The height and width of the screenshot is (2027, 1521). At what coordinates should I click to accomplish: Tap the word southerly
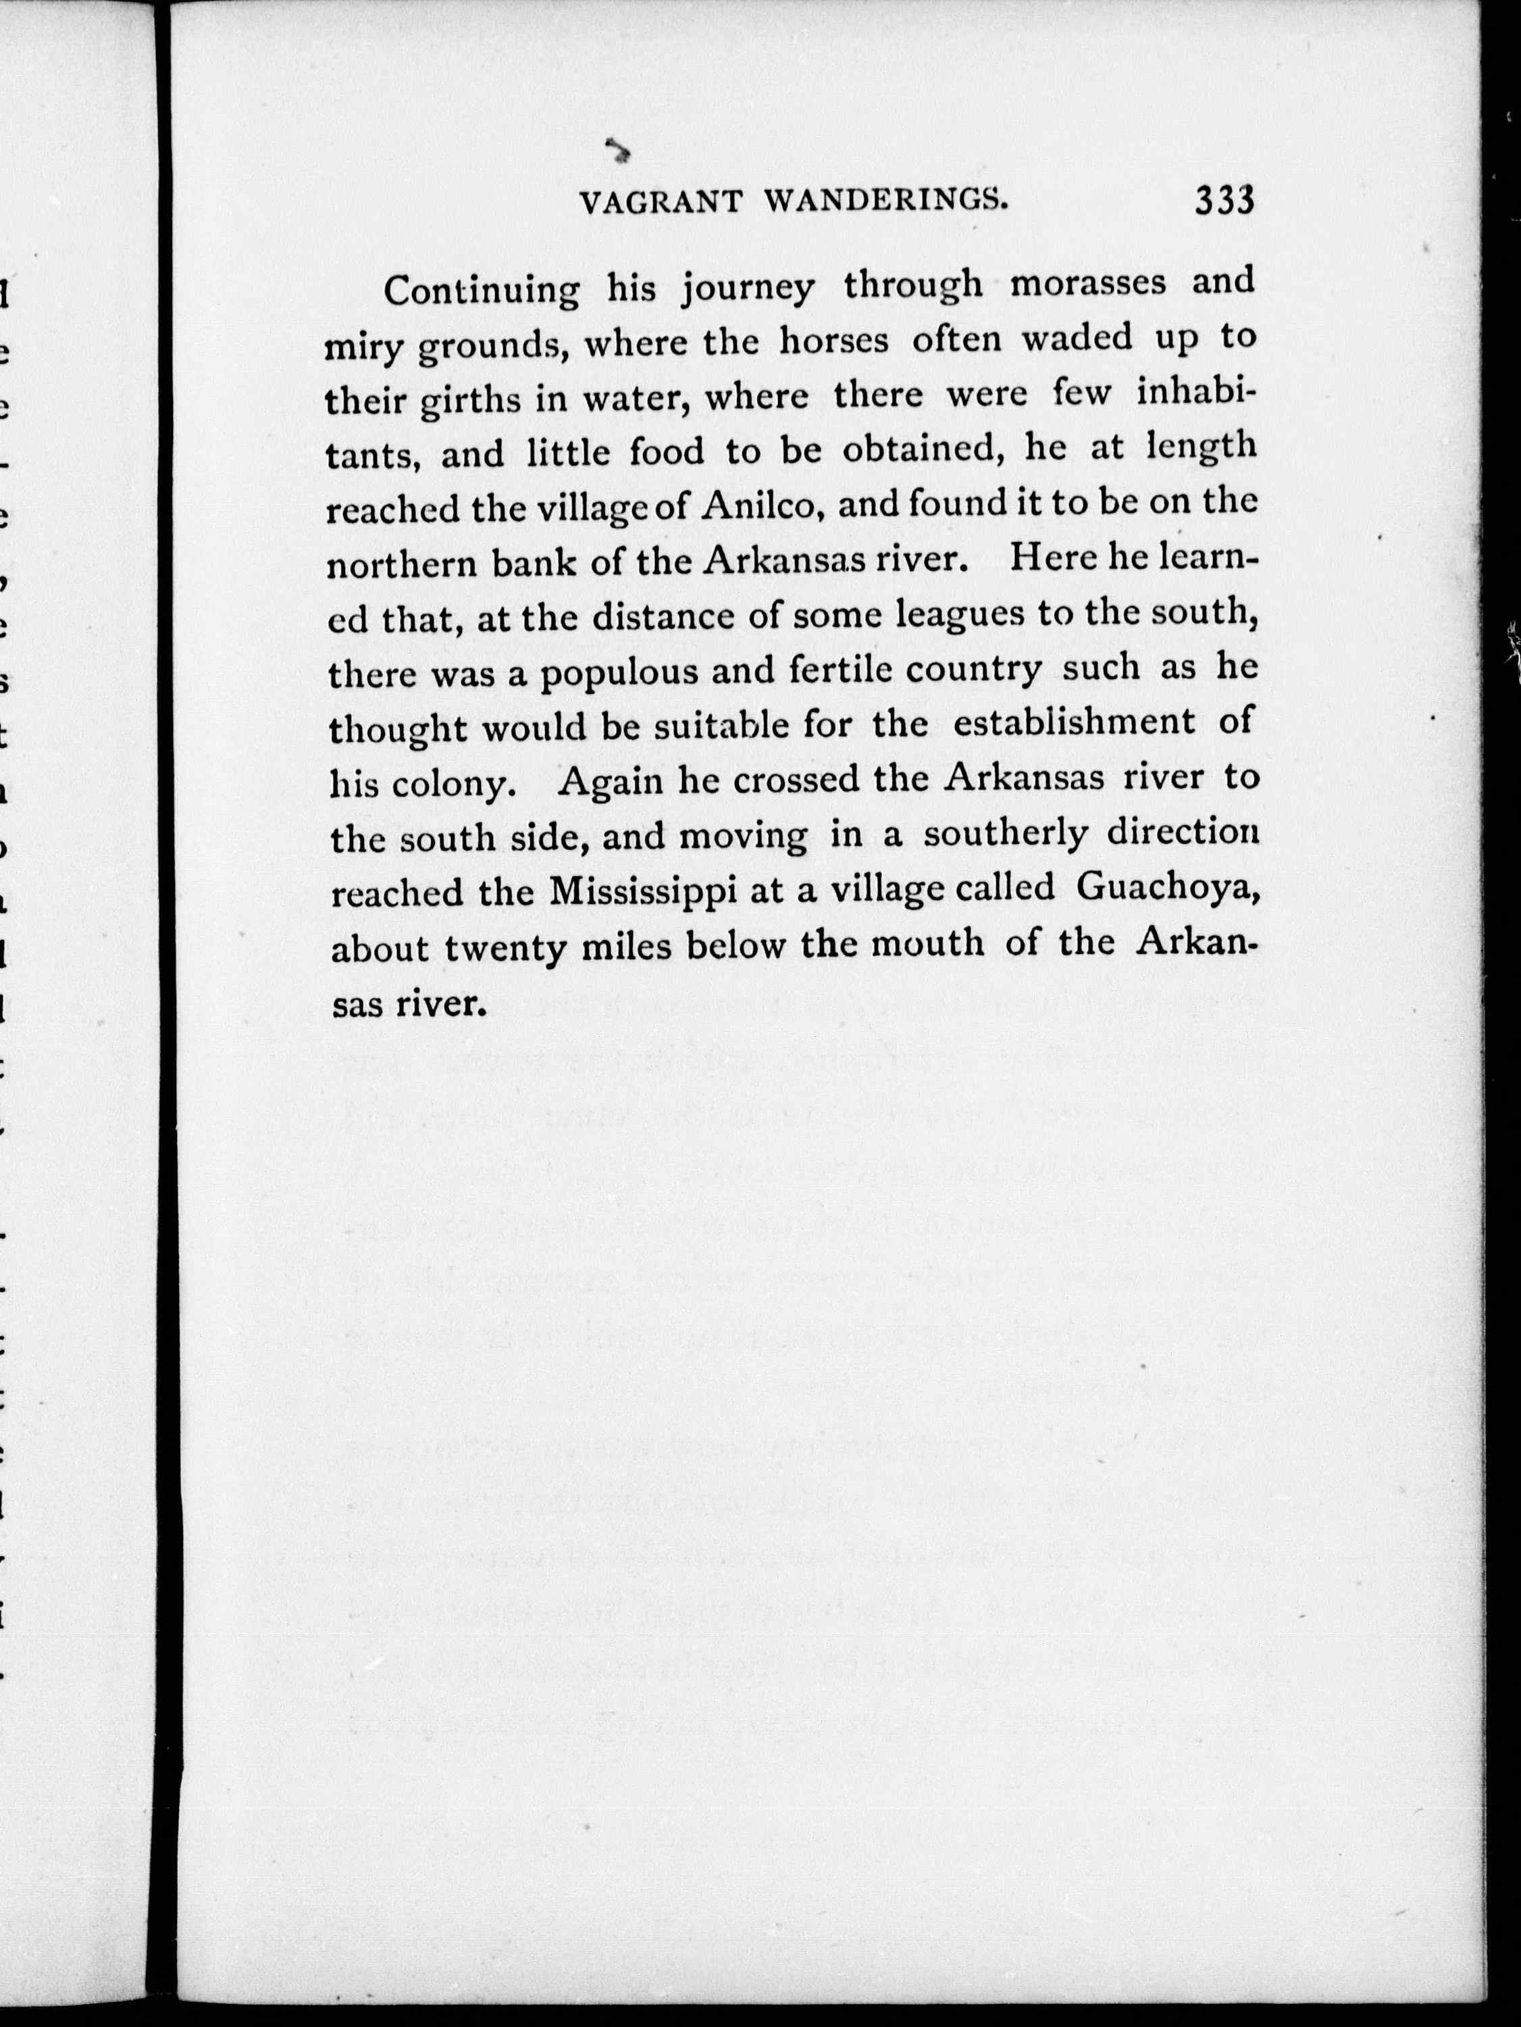click(1006, 835)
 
